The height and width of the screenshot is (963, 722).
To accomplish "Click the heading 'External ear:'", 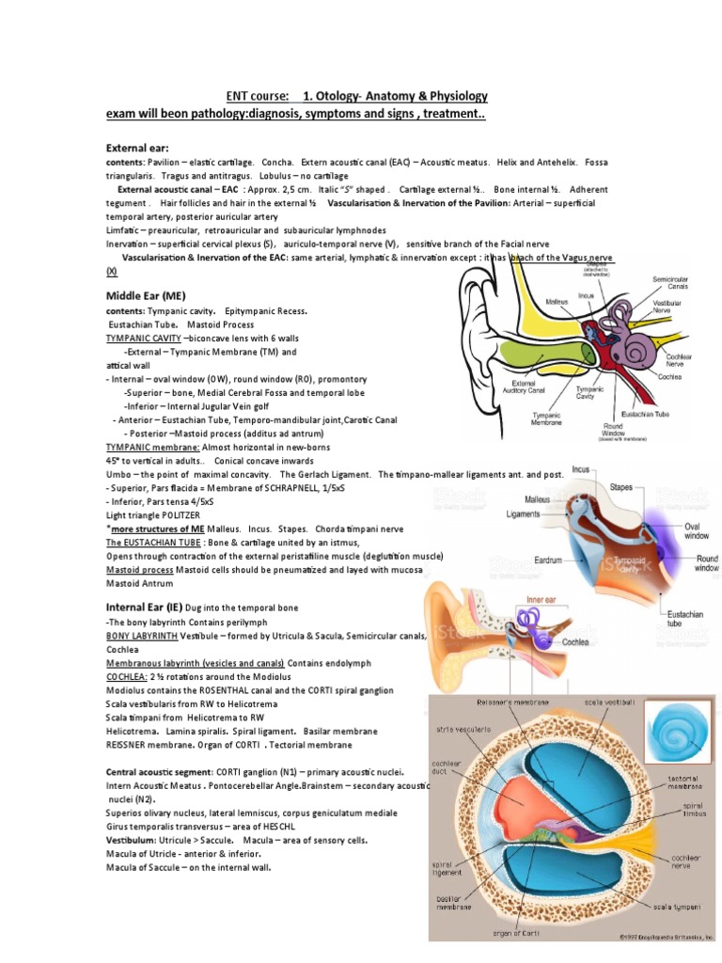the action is [x=137, y=149].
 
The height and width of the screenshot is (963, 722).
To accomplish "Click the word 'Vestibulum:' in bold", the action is [x=131, y=840].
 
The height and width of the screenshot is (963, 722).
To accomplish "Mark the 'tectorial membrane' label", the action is [x=684, y=783].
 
